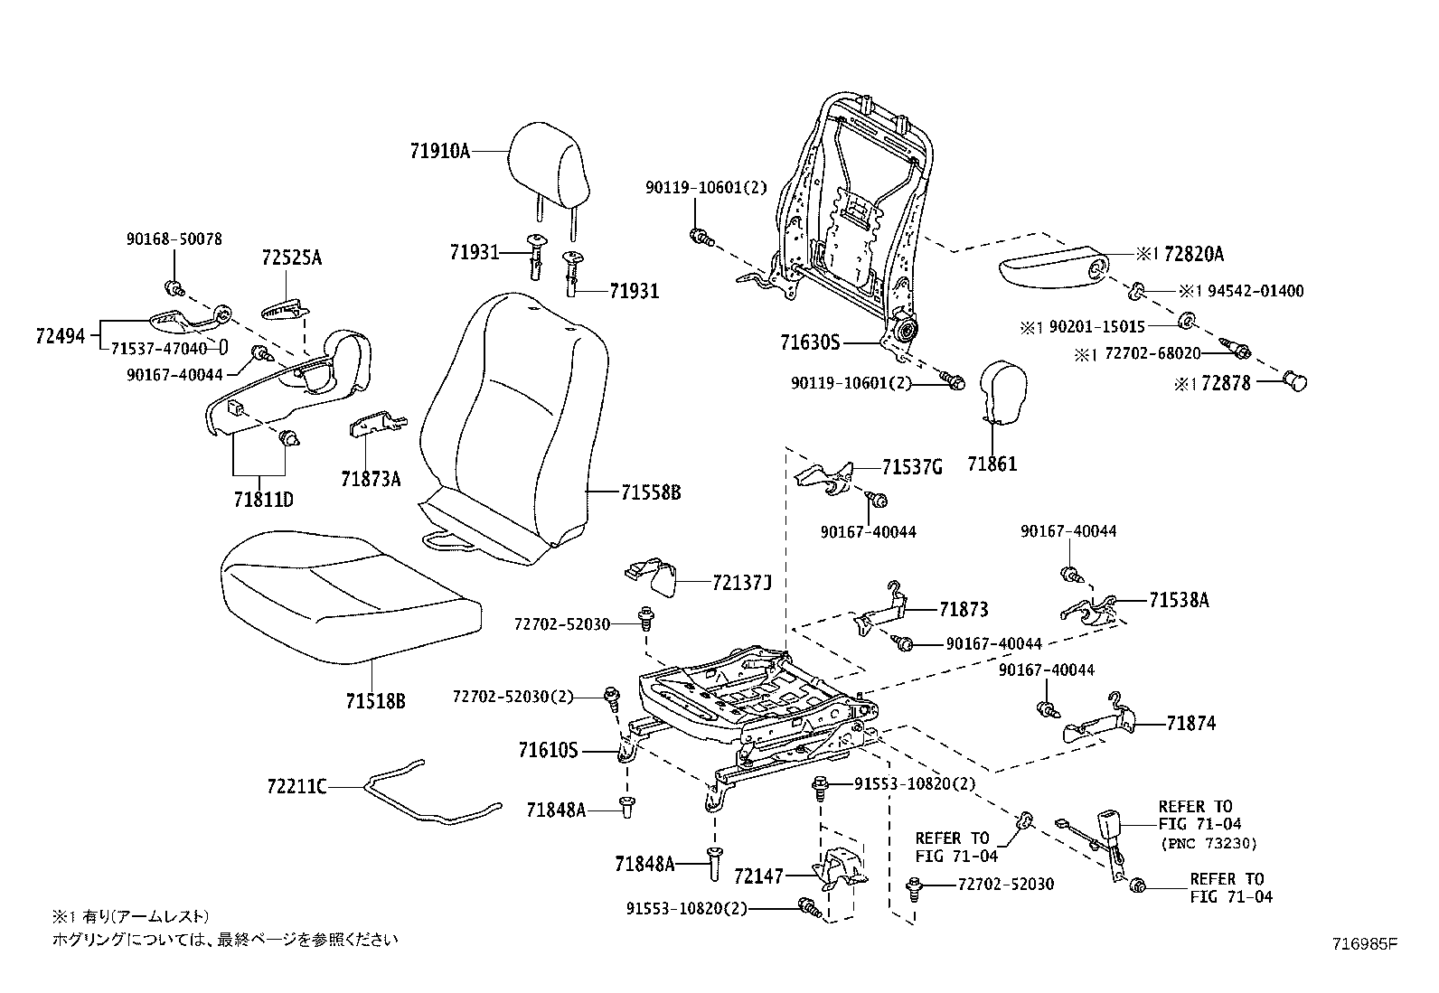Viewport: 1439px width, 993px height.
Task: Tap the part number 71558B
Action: (650, 492)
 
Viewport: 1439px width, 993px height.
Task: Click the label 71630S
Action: (810, 342)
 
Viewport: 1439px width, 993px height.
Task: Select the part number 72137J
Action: (741, 583)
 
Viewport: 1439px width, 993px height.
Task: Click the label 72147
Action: (759, 875)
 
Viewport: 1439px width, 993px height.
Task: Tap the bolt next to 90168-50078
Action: (174, 288)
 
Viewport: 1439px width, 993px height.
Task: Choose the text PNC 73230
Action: (1208, 843)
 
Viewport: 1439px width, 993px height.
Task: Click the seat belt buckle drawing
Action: (1109, 831)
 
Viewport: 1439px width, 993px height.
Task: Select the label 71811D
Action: (263, 499)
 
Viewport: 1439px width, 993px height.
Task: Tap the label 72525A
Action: (292, 258)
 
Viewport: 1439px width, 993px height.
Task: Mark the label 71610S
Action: (548, 750)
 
